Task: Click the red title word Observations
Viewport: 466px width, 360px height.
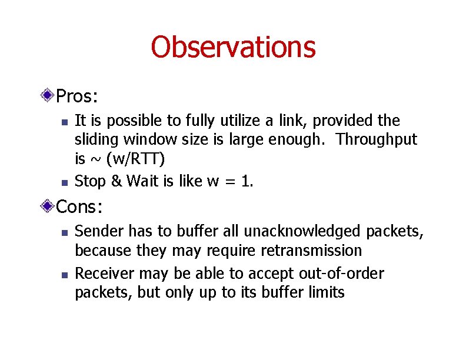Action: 233,47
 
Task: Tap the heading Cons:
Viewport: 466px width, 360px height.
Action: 80,206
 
